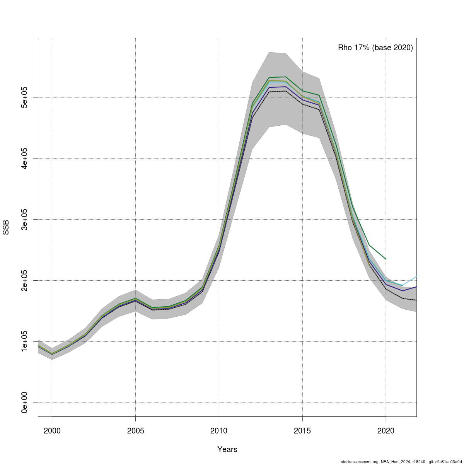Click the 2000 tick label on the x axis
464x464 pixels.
pyautogui.click(x=52, y=431)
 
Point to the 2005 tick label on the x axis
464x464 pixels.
pyautogui.click(x=135, y=431)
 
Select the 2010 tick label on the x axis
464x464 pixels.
pyautogui.click(x=219, y=431)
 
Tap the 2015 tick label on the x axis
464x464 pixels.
pyautogui.click(x=302, y=431)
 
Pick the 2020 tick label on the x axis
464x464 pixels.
pyautogui.click(x=386, y=431)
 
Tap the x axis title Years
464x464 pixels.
pyautogui.click(x=227, y=449)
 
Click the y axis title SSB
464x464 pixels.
pyautogui.click(x=6, y=227)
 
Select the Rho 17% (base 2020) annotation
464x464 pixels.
pyautogui.click(x=375, y=48)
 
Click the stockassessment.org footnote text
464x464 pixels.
pyautogui.click(x=401, y=461)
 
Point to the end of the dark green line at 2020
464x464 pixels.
pyautogui.click(x=386, y=259)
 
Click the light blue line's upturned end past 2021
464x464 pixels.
pyautogui.click(x=416, y=276)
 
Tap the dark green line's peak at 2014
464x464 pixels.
pyautogui.click(x=285, y=77)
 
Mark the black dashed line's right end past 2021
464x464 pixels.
pyautogui.click(x=416, y=300)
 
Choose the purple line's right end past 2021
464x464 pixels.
pyautogui.click(x=416, y=287)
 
